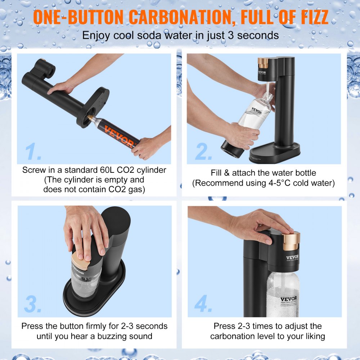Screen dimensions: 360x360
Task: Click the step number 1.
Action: coord(34,152)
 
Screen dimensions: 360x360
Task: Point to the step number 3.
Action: coord(33,305)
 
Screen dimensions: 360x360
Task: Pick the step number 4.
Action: coord(204,305)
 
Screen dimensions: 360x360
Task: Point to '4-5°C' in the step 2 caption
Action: coord(276,183)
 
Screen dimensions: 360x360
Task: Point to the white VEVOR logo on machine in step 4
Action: coord(292,257)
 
